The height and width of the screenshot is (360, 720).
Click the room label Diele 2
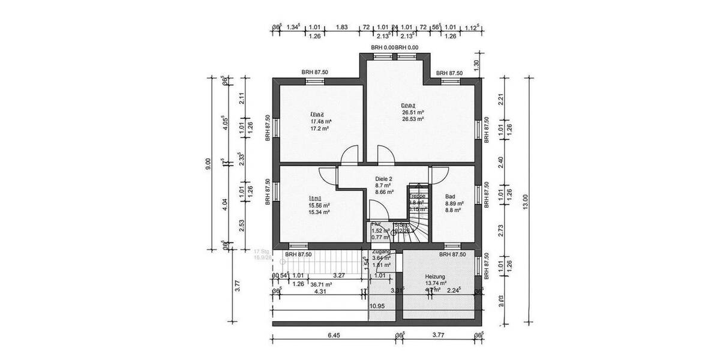[x=384, y=178]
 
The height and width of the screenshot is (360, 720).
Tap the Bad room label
[x=450, y=196]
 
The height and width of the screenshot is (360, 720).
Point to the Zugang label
[x=382, y=251]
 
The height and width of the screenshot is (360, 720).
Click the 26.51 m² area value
[x=413, y=112]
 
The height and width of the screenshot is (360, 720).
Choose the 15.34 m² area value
[x=319, y=212]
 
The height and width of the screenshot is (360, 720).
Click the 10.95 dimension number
[x=377, y=306]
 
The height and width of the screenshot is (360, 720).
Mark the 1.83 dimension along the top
[x=342, y=27]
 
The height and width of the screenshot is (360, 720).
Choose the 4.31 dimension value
[x=320, y=292]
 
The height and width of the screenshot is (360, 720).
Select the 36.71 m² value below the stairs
[x=320, y=284]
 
